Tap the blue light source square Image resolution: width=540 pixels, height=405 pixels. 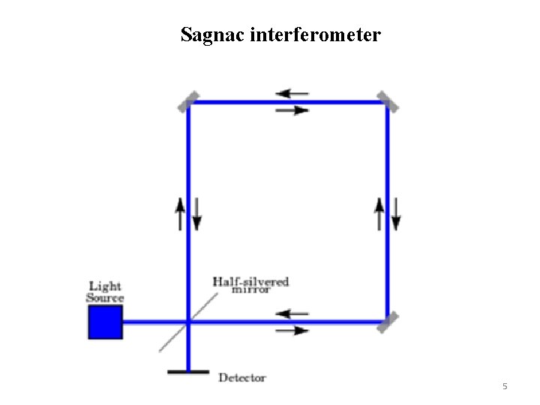tap(105, 322)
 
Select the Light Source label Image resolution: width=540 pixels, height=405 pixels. tap(105, 291)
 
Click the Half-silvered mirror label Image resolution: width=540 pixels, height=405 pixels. tap(250, 285)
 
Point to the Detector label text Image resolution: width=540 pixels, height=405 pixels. tap(241, 378)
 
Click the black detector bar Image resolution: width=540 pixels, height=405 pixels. tap(187, 370)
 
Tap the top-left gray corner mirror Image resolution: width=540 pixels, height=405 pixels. tap(188, 101)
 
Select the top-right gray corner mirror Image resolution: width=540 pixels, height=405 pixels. tap(387, 101)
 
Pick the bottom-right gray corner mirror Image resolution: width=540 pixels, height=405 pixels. tap(388, 322)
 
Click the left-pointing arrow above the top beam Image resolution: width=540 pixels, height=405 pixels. tap(292, 94)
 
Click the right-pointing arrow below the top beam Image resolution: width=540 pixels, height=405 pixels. tap(292, 110)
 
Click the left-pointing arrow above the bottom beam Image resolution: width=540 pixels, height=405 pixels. tap(292, 313)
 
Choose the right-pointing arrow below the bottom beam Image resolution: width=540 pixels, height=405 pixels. tap(292, 330)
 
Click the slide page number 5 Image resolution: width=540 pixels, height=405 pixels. tap(505, 386)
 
